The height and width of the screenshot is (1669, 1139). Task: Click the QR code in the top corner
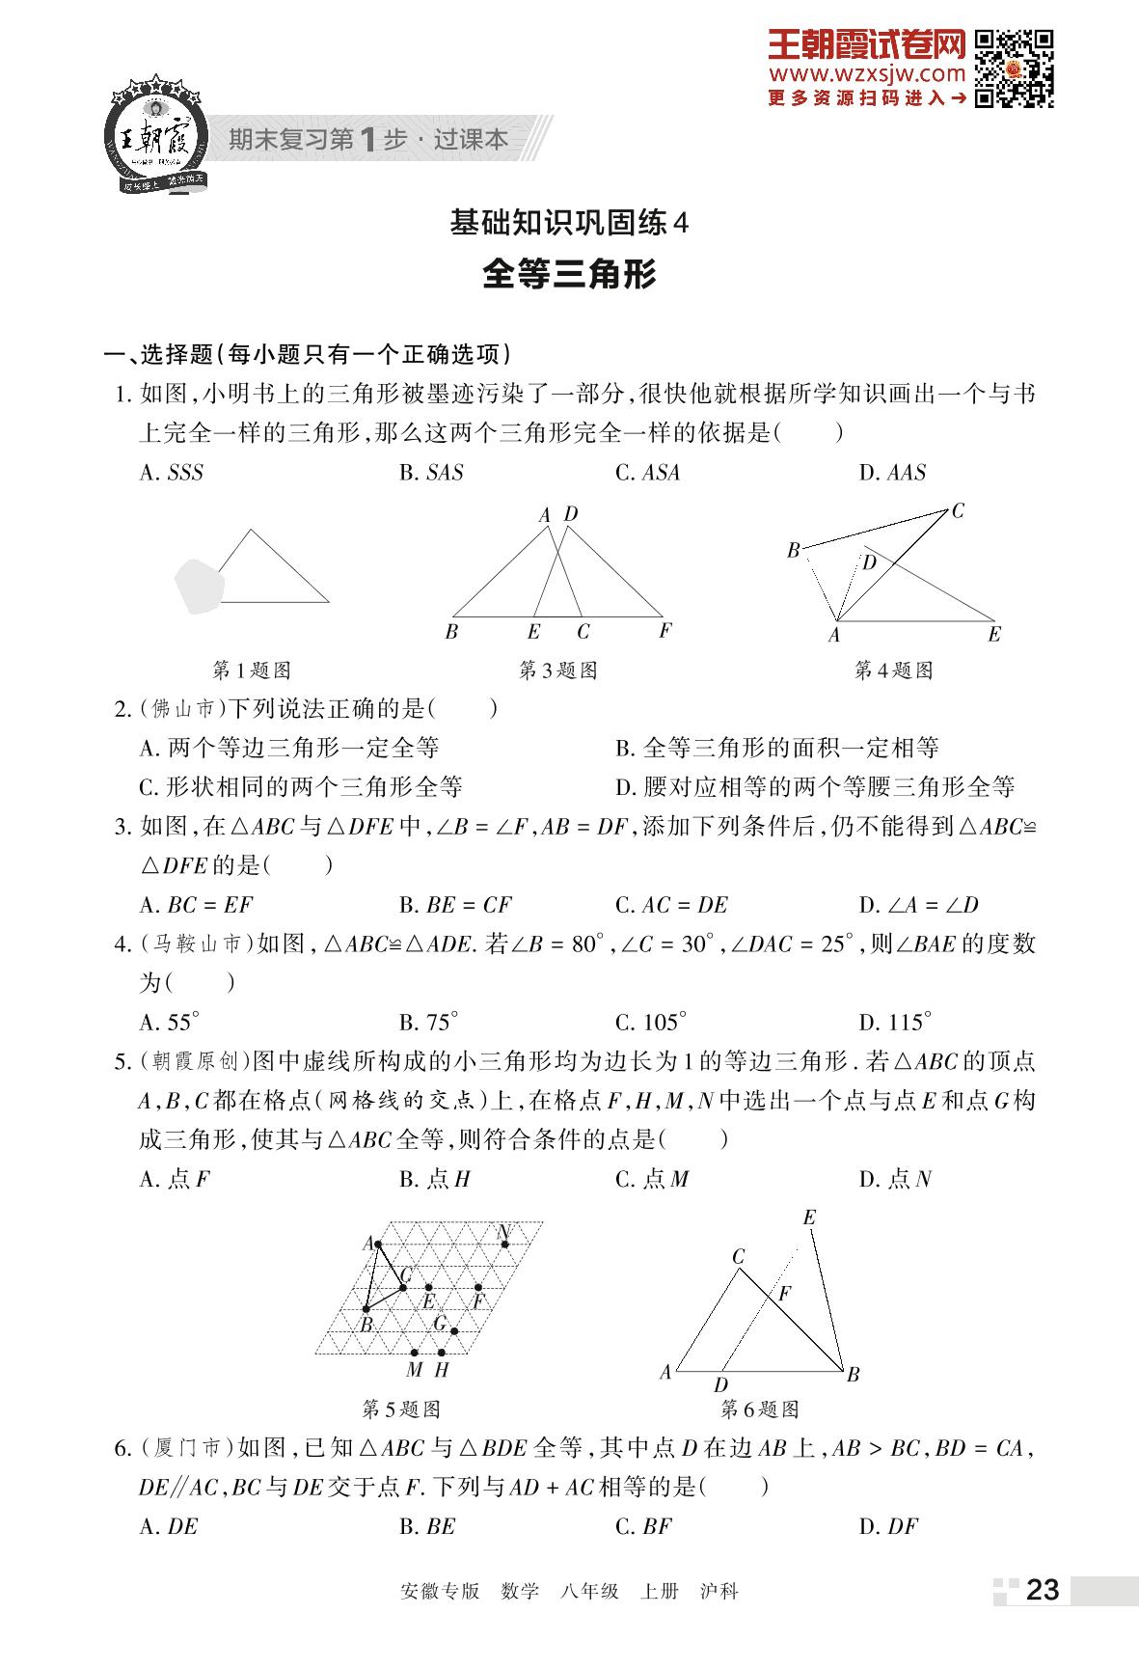point(1014,68)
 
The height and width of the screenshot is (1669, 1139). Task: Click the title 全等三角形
point(569,275)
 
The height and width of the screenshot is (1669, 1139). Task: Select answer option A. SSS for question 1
point(172,473)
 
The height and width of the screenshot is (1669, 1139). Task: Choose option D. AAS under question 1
point(892,473)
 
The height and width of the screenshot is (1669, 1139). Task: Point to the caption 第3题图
point(558,670)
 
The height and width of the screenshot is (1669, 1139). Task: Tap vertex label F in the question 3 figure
point(664,631)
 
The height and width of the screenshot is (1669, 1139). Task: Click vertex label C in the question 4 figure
point(957,511)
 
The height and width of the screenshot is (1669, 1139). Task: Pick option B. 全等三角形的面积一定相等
point(777,748)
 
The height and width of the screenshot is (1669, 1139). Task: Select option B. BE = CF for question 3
point(455,905)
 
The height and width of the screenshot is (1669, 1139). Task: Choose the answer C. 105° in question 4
point(651,1023)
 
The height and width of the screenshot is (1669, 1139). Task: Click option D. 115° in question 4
point(895,1023)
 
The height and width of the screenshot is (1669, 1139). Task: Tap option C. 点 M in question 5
point(652,1179)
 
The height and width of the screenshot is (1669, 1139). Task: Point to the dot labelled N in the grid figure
point(504,1245)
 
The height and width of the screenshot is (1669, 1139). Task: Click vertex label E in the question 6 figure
point(809,1218)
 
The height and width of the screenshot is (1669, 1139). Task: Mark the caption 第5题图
point(401,1409)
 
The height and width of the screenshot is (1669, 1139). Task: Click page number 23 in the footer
point(1043,1590)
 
